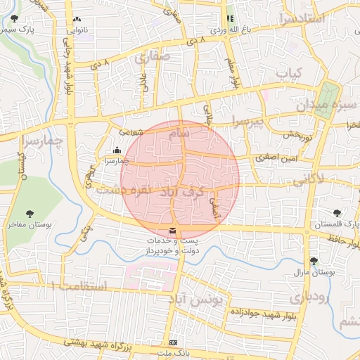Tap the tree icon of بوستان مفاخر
29,213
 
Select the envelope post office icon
173,231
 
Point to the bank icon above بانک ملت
174,342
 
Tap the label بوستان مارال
316,271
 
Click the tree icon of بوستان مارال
314,261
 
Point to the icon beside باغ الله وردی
230,19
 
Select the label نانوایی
78,30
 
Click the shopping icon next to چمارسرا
117,150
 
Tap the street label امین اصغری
274,160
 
